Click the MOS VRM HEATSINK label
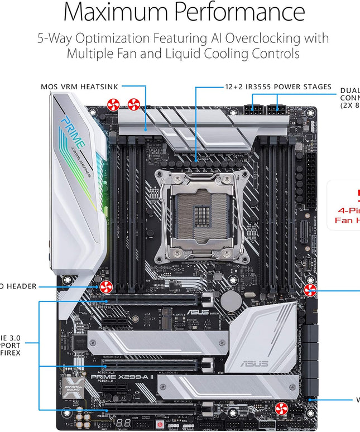pyautogui.click(x=79, y=87)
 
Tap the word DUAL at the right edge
pyautogui.click(x=349, y=90)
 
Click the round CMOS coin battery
pyautogui.click(x=230, y=301)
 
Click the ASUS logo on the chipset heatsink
pyautogui.click(x=253, y=363)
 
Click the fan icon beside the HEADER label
pyautogui.click(x=105, y=287)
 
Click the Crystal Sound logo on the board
pyautogui.click(x=69, y=386)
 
